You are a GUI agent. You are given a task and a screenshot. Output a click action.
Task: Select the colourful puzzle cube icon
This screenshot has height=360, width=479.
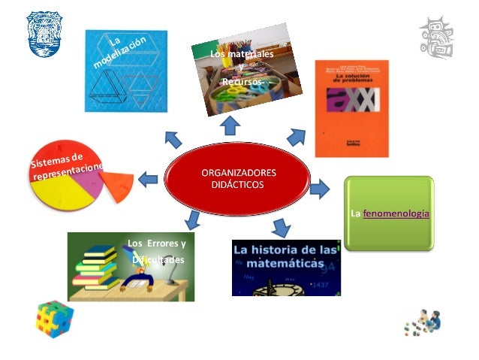[53, 319]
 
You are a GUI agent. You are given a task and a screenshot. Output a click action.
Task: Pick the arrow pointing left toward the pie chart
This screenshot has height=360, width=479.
[147, 180]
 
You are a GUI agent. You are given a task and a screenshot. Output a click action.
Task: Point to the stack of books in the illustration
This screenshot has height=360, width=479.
[97, 269]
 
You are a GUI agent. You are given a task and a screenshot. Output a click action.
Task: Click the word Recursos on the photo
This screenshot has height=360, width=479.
[241, 80]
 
